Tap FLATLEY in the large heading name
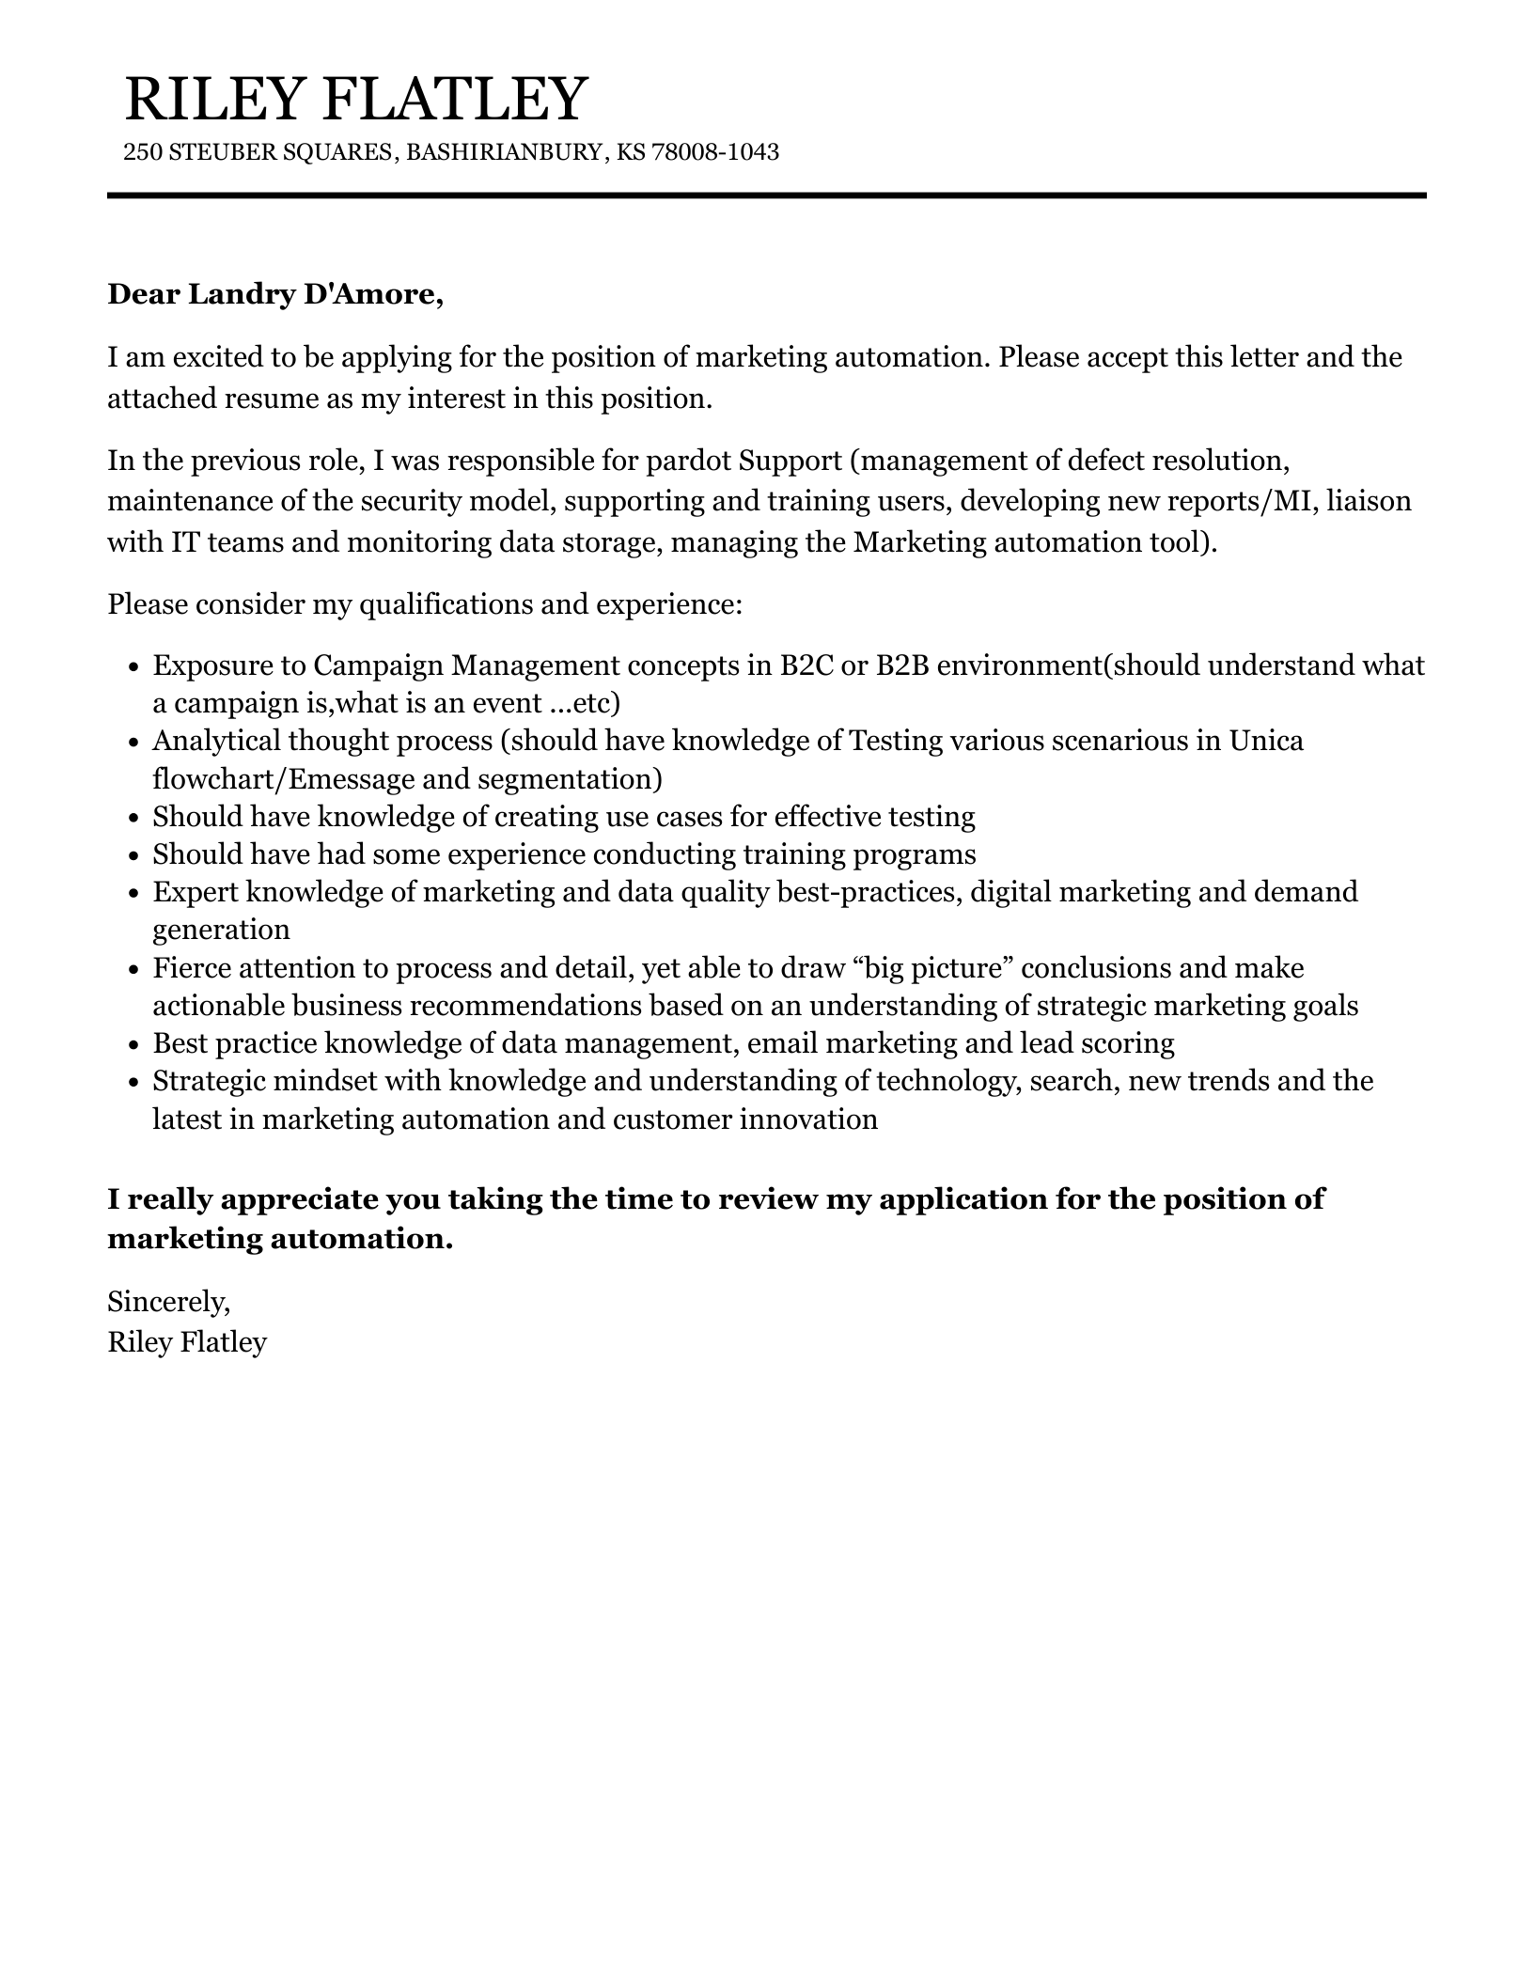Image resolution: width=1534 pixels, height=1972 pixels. click(457, 99)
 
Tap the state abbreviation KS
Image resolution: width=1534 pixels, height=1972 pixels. click(632, 152)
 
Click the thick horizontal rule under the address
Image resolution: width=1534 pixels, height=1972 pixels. click(766, 196)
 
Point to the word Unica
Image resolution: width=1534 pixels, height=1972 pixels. click(1266, 741)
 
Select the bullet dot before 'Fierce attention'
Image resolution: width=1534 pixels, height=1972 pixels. click(133, 969)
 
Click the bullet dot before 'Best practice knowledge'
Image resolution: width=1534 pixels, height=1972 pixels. click(133, 1044)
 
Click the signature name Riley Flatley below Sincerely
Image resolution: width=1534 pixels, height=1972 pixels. click(187, 1341)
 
